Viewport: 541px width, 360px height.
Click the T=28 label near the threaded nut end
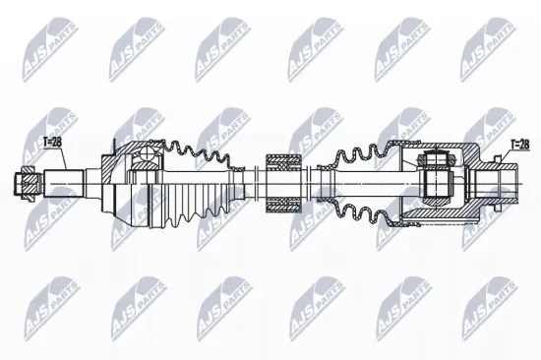tap(53, 143)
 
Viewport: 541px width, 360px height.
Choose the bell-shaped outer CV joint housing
tap(123, 182)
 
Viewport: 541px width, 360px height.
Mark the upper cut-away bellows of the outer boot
tap(197, 154)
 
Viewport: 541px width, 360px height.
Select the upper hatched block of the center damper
tap(282, 158)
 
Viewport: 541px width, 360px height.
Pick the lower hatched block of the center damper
tap(282, 204)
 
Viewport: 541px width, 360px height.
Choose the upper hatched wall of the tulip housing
tap(462, 150)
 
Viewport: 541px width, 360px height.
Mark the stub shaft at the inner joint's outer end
tap(507, 181)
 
